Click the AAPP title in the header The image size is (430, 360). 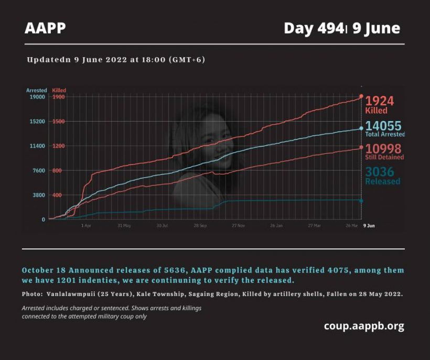coord(45,28)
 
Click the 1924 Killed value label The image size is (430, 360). coord(379,101)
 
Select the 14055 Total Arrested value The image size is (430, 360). coord(383,126)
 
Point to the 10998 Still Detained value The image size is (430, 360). coord(384,149)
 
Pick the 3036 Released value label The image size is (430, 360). coord(380,172)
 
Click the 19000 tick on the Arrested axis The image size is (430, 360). coord(37,97)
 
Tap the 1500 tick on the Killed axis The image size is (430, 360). coord(58,122)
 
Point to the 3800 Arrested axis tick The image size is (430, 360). coord(38,195)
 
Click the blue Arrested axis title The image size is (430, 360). coord(37,91)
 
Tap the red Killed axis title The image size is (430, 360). coord(59,91)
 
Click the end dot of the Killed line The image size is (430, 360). coord(361,97)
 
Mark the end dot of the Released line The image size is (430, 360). coord(361,201)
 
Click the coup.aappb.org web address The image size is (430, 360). coord(364,326)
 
